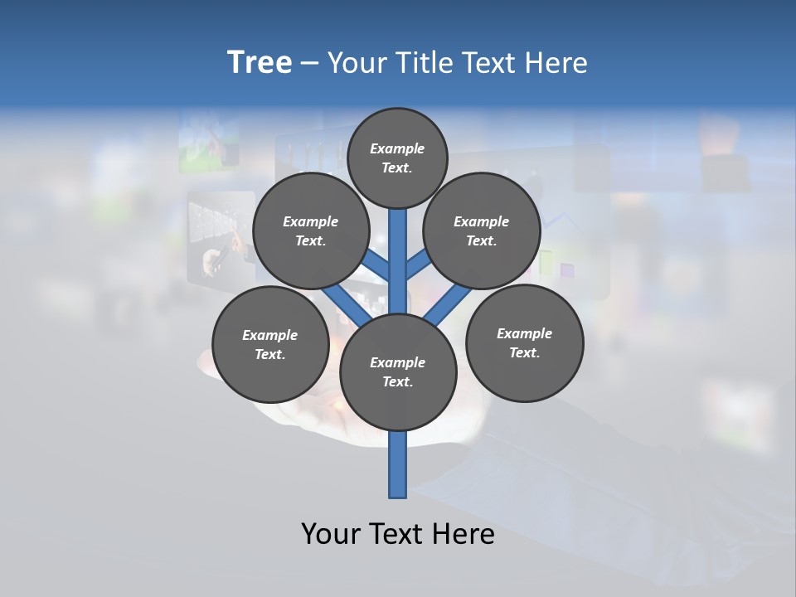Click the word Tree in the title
tap(260, 62)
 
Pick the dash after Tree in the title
tap(309, 64)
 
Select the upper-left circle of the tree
tap(310, 231)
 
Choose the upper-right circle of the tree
tap(481, 231)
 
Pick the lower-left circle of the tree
tap(269, 344)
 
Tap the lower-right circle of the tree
tap(524, 343)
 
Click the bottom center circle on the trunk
tap(398, 372)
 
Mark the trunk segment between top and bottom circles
tap(398, 261)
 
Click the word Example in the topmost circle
tap(397, 148)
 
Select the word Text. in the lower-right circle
tap(524, 353)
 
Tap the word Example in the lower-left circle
tap(269, 335)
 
